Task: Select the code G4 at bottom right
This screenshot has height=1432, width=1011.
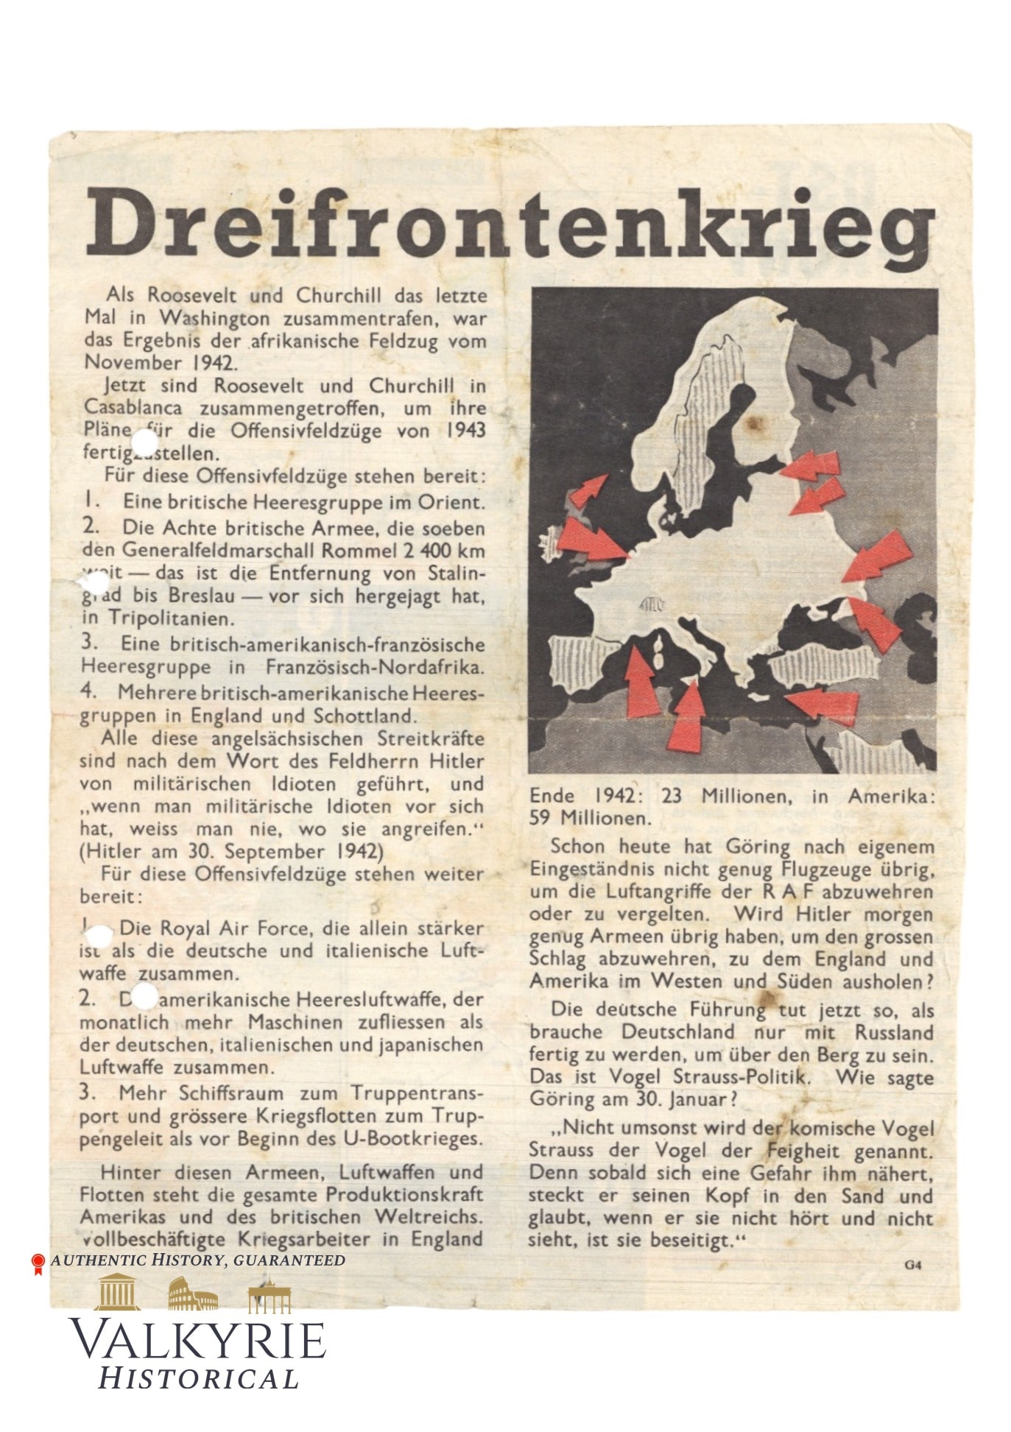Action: (913, 1265)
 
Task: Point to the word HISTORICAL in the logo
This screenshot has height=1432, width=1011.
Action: (199, 1378)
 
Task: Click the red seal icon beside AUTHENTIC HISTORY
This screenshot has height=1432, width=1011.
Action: (38, 1263)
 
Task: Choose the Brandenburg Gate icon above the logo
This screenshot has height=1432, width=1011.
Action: (269, 1297)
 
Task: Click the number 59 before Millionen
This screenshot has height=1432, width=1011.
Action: (543, 817)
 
